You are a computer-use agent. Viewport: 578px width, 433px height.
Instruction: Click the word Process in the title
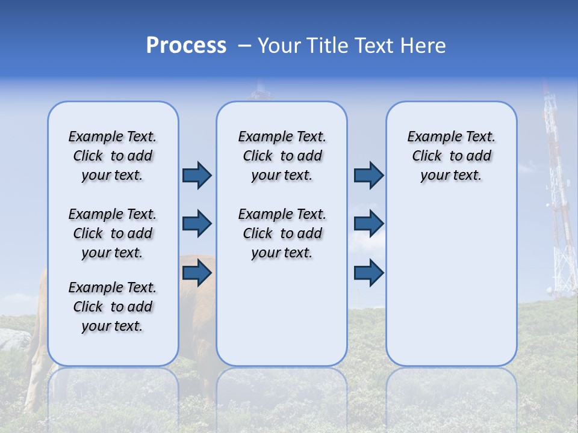(x=186, y=46)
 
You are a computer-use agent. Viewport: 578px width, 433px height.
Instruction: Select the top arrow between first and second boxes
(x=197, y=175)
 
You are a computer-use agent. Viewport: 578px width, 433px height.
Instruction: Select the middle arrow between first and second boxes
(x=197, y=224)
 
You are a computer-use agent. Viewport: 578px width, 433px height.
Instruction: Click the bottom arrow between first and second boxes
(x=197, y=273)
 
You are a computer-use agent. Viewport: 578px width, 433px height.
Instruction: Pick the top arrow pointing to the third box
(x=368, y=175)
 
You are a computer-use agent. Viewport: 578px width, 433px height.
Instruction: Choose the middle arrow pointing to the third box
(x=368, y=224)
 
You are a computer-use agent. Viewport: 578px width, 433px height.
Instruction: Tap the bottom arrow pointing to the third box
(x=368, y=273)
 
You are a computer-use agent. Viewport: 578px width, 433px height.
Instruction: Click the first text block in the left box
(x=113, y=156)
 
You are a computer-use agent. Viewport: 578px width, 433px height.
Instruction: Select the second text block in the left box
(x=113, y=233)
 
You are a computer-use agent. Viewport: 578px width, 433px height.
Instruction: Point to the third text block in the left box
(x=113, y=307)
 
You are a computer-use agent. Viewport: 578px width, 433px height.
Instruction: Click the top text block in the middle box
(x=282, y=156)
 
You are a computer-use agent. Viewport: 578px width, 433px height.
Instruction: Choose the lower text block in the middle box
(x=282, y=233)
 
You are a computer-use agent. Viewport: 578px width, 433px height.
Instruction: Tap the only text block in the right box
(x=451, y=156)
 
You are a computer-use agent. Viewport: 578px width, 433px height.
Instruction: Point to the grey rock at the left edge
(x=13, y=340)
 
